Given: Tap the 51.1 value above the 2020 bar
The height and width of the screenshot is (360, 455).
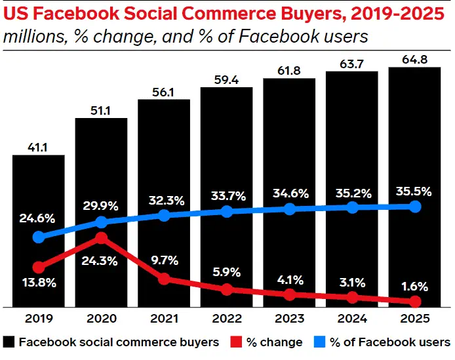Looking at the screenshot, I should point(101,110).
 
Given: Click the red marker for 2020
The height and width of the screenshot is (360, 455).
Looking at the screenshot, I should point(101,237).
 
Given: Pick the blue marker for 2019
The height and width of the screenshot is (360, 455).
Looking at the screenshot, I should point(39,237).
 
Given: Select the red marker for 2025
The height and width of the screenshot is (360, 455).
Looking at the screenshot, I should point(414,302).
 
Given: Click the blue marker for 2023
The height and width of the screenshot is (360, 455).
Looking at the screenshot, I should point(288,209).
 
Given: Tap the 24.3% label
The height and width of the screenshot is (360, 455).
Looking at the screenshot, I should point(101,260).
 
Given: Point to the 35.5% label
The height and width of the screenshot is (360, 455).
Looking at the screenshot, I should point(414,192).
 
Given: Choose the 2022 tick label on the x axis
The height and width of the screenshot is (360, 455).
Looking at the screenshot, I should point(226,319).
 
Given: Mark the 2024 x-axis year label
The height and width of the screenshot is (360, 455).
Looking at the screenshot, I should point(351,319).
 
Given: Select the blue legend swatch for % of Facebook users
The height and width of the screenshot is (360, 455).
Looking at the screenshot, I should point(321,342).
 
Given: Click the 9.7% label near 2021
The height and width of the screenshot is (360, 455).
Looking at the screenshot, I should point(164,260).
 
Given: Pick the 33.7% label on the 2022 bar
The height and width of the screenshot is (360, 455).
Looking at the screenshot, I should point(226,195).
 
